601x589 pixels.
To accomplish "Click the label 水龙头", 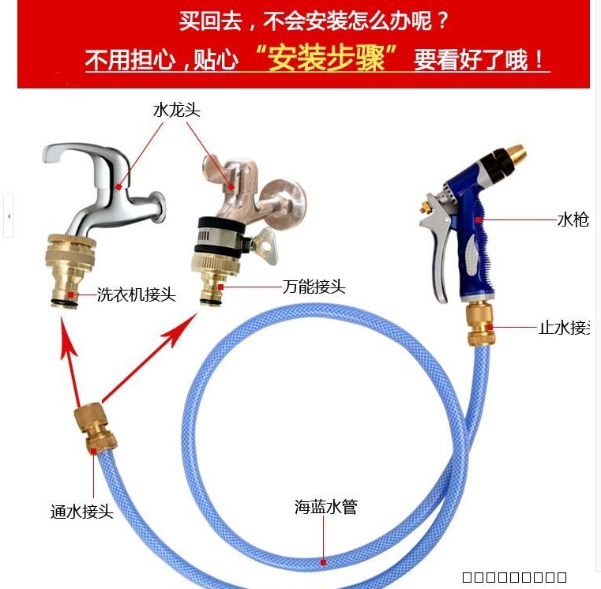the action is click(176, 111).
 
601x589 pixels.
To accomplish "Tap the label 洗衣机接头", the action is click(136, 295).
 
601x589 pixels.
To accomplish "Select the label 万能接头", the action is click(314, 287).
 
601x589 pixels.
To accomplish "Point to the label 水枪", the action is click(573, 219).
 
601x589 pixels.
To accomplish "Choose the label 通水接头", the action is click(82, 512).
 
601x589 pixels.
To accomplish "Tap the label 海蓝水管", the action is click(326, 507).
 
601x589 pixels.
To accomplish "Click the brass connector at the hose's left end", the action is click(94, 430).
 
